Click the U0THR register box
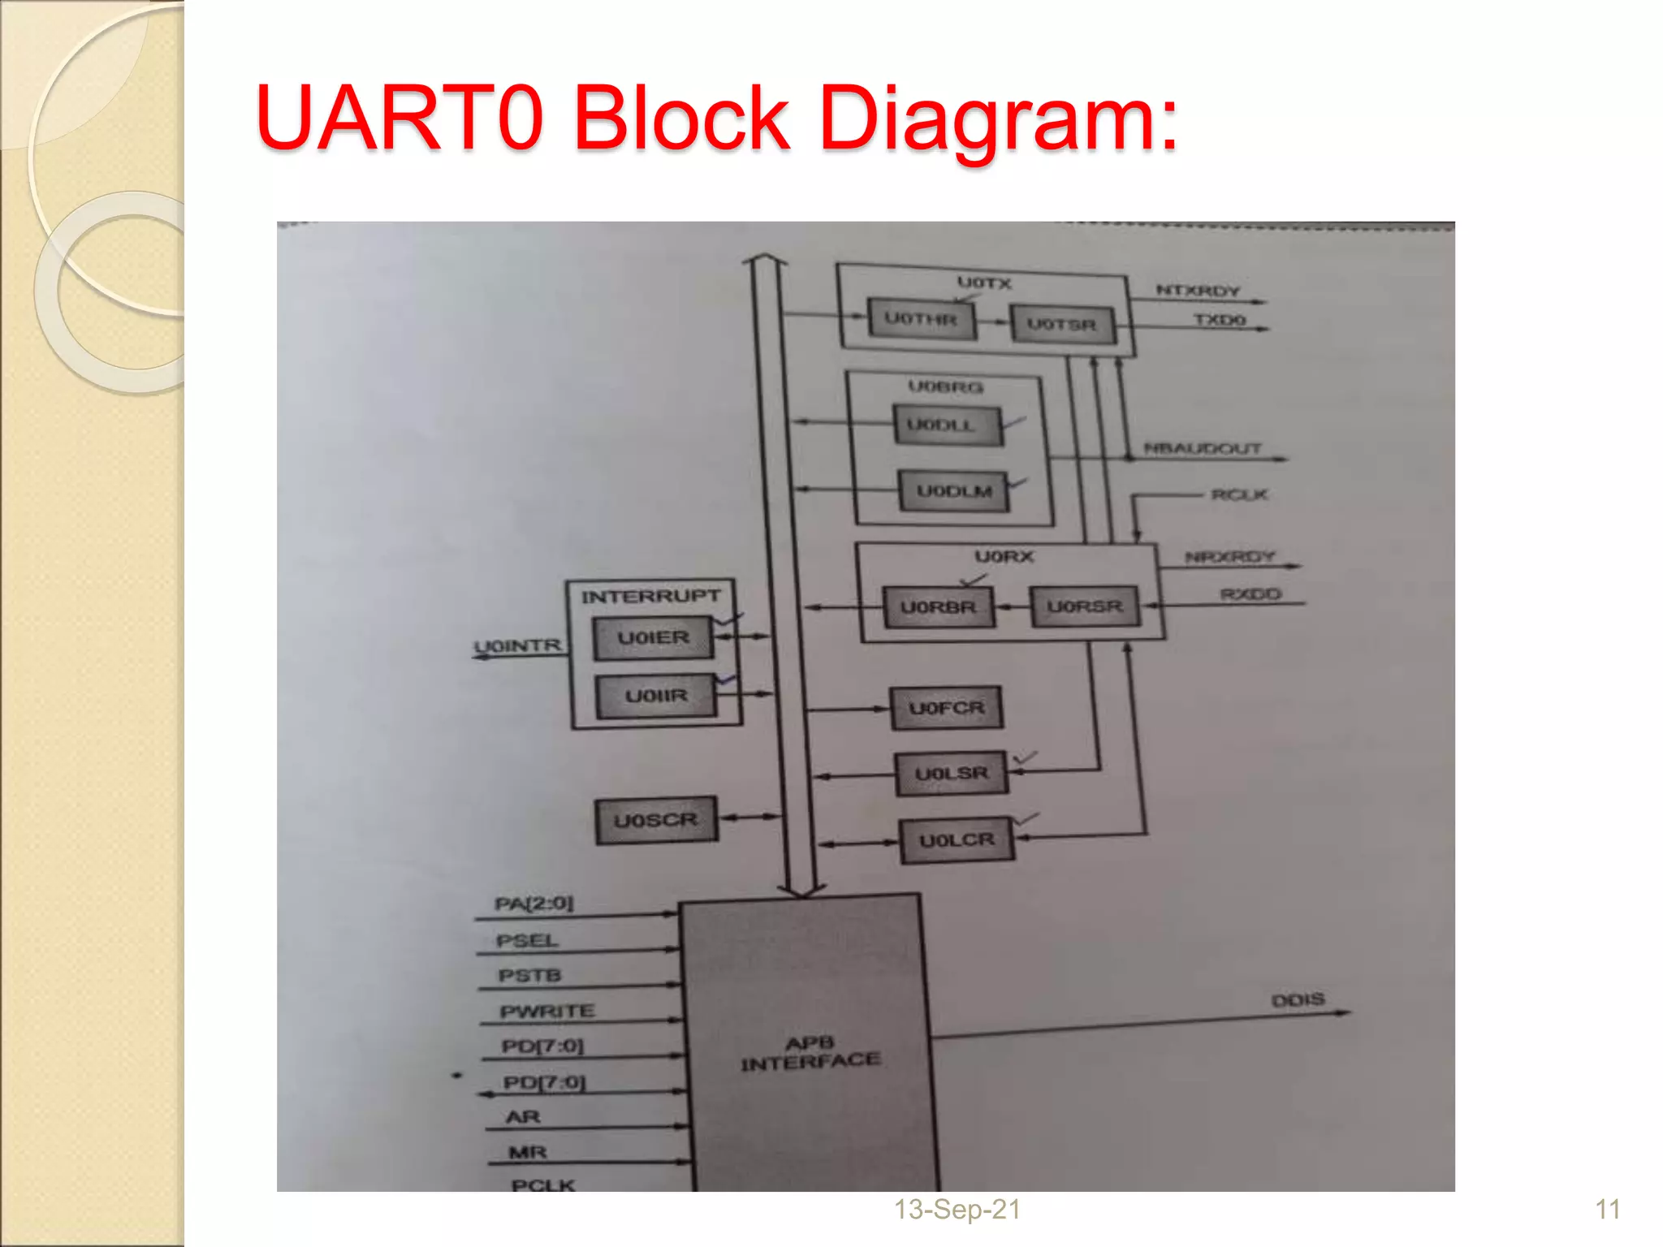(x=921, y=319)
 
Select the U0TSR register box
(x=1061, y=325)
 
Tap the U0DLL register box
(x=947, y=425)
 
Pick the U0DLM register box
(x=954, y=492)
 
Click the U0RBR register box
(x=938, y=607)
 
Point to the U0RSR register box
(x=1085, y=607)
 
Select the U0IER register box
(x=653, y=638)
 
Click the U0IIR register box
(x=656, y=697)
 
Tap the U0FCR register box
(x=946, y=709)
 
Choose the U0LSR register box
(x=951, y=774)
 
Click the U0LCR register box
(x=957, y=840)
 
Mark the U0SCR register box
(x=655, y=821)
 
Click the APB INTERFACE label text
(x=810, y=1053)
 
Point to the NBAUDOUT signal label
(x=1202, y=448)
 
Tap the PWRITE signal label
(x=547, y=1012)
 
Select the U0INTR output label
(x=518, y=646)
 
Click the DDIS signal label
(x=1298, y=999)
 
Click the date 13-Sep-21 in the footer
(x=957, y=1210)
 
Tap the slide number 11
(x=1607, y=1210)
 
